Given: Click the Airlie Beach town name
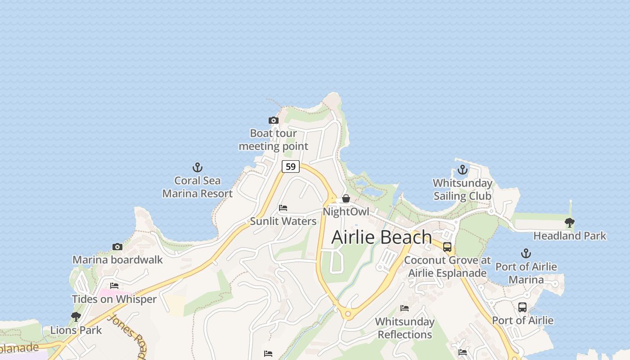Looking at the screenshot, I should click(x=382, y=237).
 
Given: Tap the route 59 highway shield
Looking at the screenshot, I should click(x=291, y=166).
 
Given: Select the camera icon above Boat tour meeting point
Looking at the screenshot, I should click(x=274, y=120).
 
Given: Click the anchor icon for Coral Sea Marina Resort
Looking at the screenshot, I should click(x=197, y=167).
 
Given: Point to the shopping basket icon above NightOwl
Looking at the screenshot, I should click(x=346, y=198).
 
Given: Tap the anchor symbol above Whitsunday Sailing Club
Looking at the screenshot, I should click(x=463, y=170).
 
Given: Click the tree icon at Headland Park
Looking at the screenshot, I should click(x=570, y=222).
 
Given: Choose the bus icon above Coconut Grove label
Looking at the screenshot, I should click(x=447, y=247).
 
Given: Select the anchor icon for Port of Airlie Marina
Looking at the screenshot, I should click(x=526, y=253).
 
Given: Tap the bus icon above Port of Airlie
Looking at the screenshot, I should click(x=522, y=307).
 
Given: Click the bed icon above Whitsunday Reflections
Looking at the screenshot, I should click(x=405, y=308).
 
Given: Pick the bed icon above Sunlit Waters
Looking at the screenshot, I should click(x=283, y=208).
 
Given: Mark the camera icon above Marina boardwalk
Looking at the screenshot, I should click(x=117, y=247).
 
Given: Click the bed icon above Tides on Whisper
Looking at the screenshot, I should click(x=114, y=286).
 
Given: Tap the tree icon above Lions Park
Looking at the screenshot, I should click(x=76, y=317).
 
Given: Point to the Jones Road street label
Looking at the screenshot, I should click(x=128, y=336).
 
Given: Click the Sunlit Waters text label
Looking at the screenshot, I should click(x=283, y=221).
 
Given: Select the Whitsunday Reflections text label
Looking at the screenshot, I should click(x=405, y=328).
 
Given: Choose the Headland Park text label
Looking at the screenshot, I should click(x=570, y=236).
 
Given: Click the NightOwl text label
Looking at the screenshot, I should click(x=346, y=211).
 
